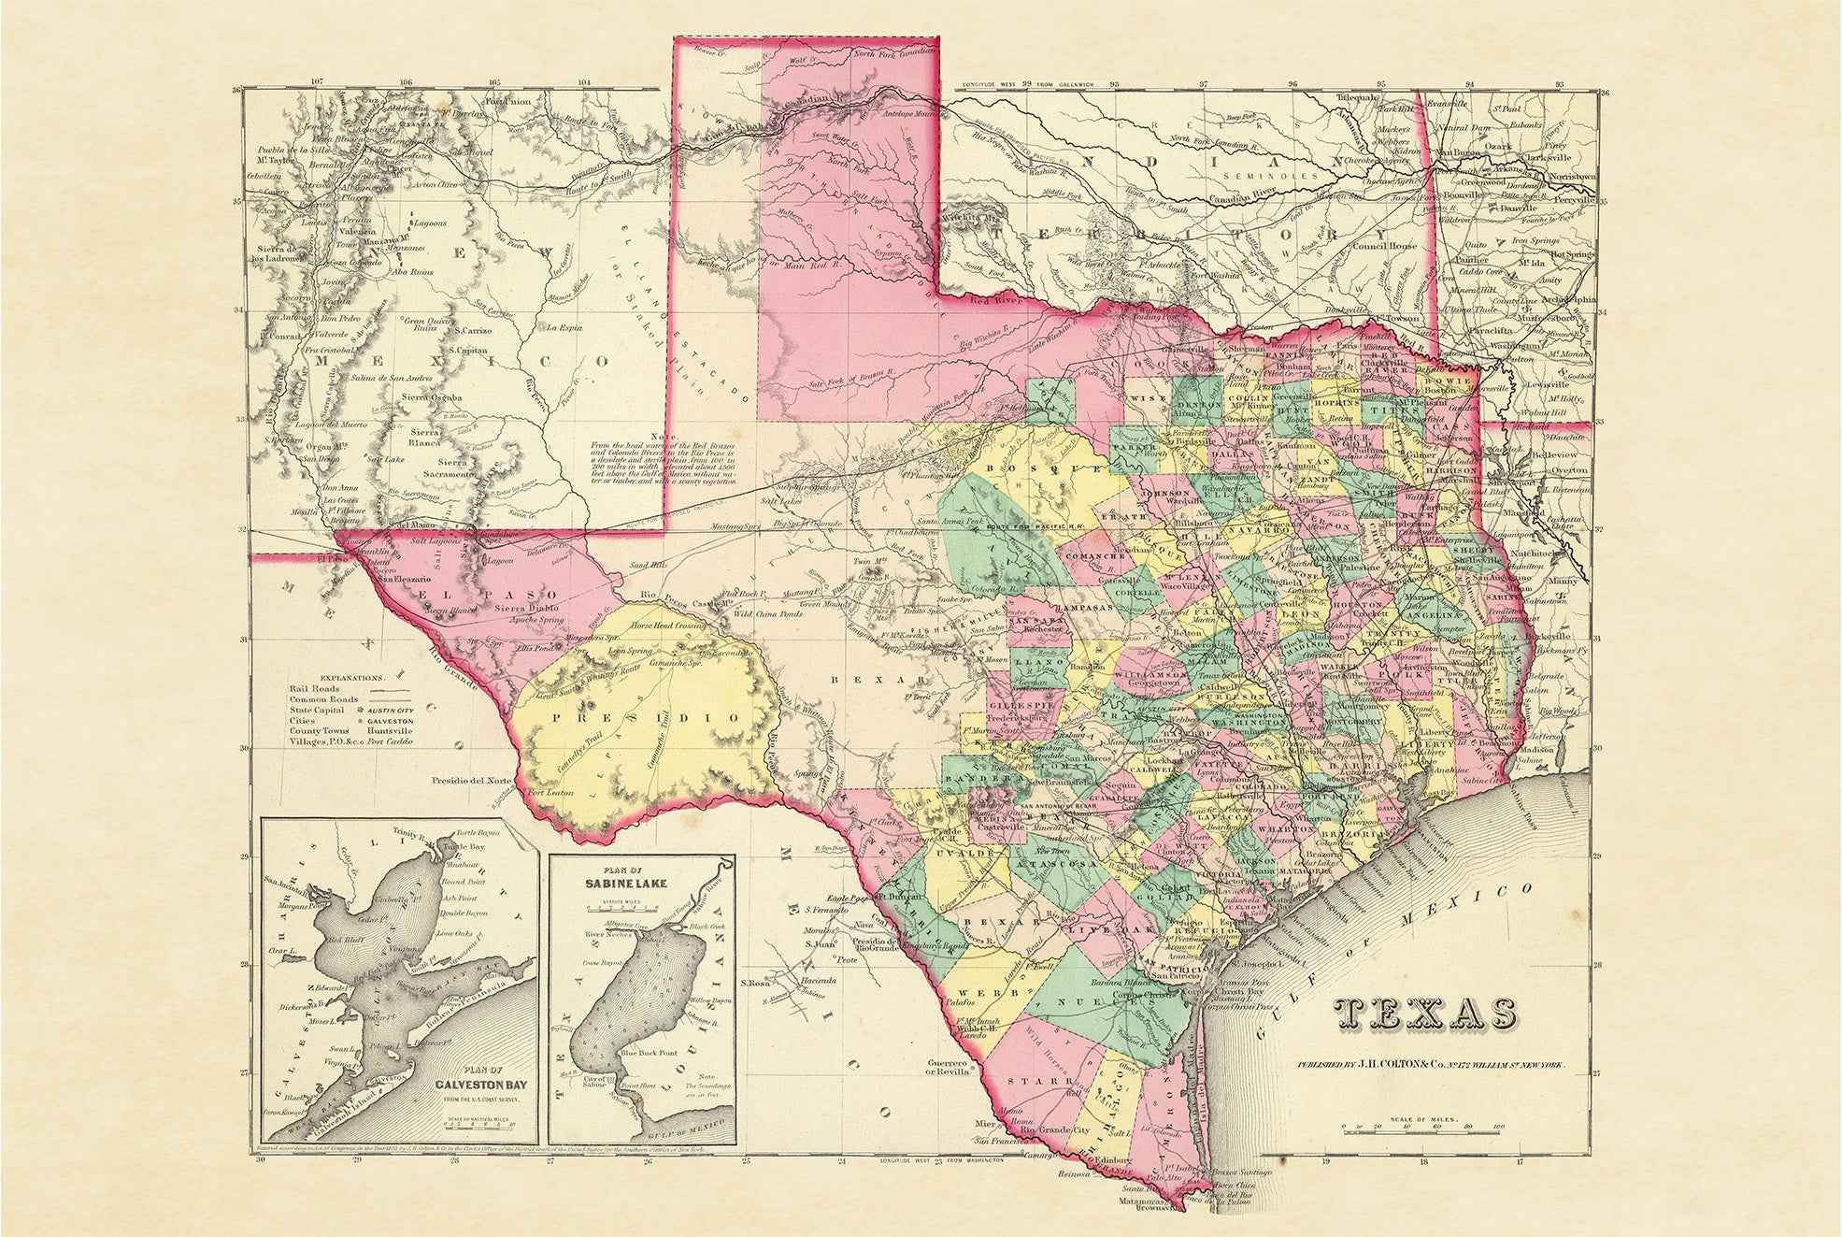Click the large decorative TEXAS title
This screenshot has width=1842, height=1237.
(1426, 1014)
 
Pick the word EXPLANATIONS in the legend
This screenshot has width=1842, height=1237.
(350, 677)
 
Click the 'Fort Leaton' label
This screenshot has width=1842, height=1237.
(550, 793)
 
